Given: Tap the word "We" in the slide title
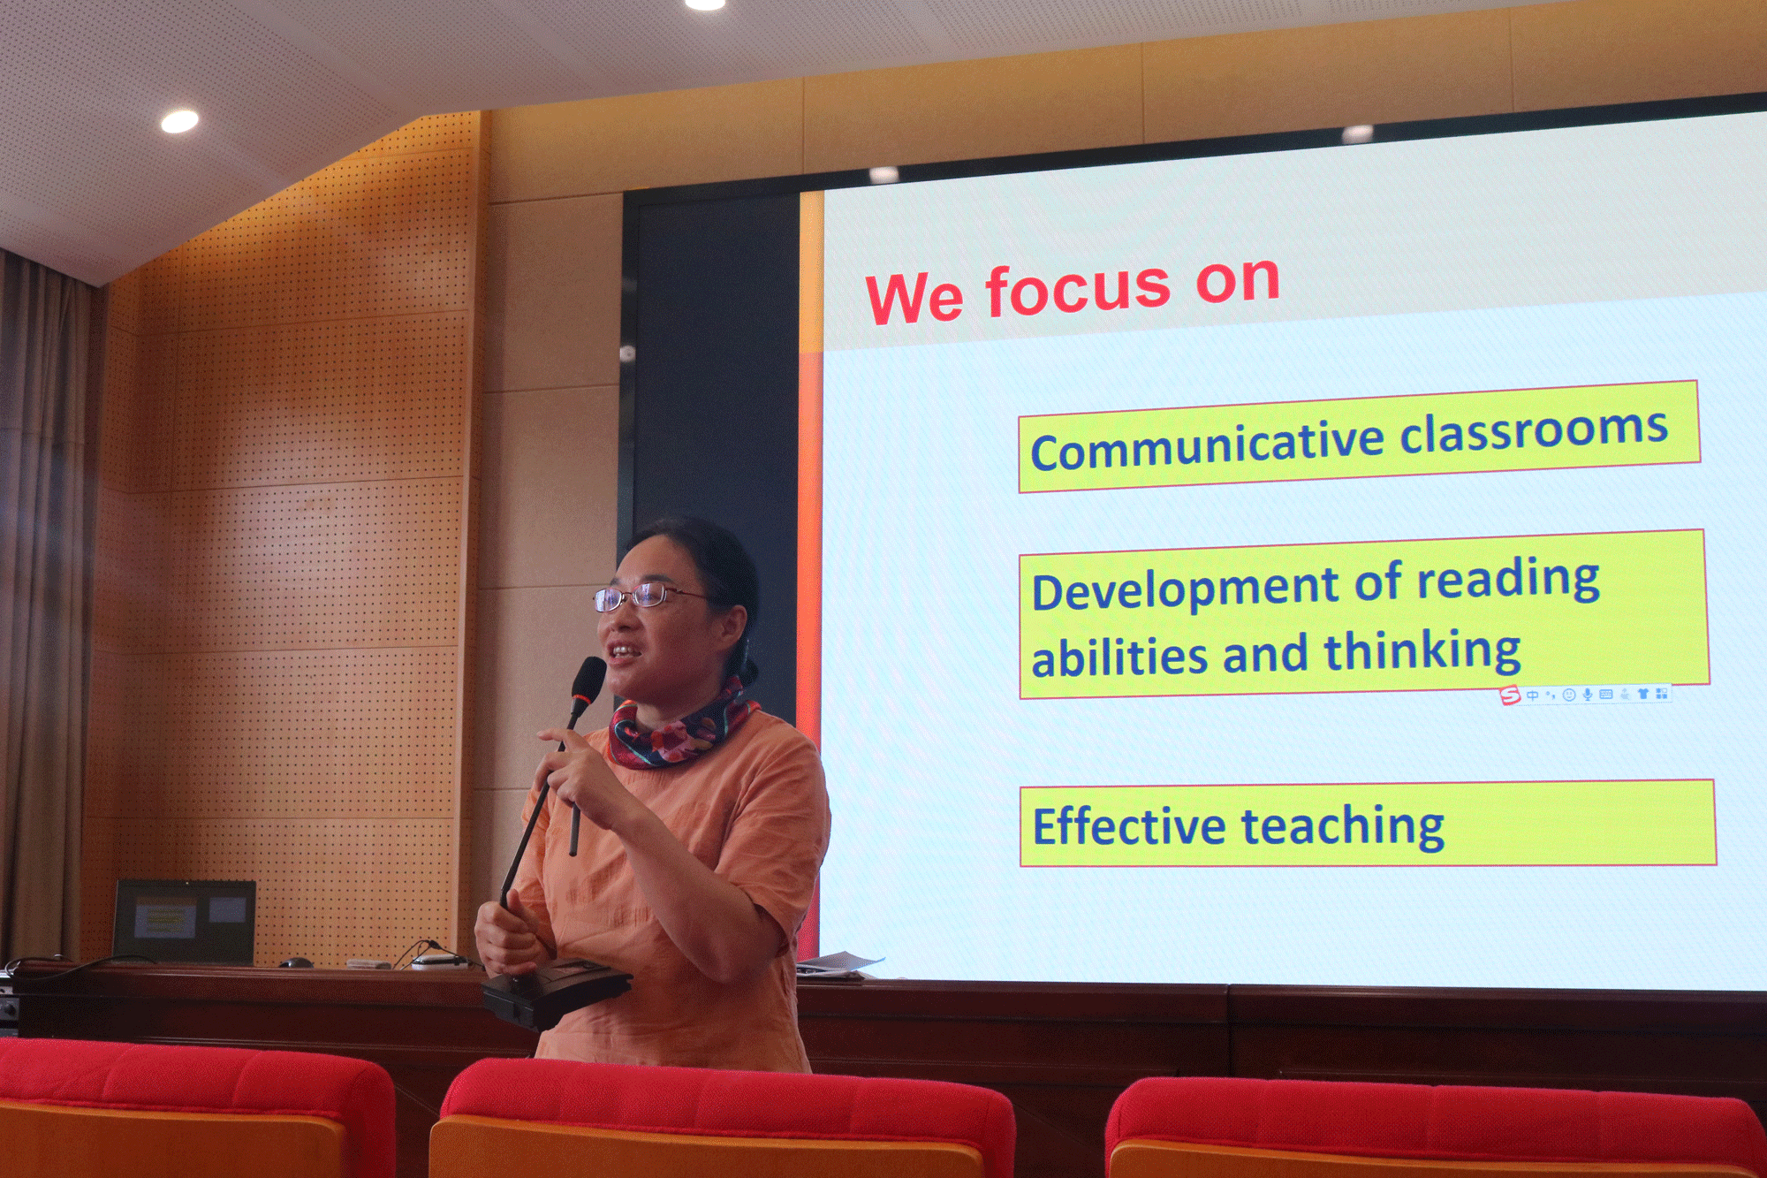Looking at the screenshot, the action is (914, 299).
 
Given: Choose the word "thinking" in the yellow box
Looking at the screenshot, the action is (1422, 652).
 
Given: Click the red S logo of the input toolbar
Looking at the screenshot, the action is (1510, 695).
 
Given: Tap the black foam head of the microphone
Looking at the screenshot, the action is (588, 679).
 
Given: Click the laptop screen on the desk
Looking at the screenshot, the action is (185, 921).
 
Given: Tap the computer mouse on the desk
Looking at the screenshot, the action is (295, 962).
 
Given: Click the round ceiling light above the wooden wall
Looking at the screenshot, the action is (179, 121).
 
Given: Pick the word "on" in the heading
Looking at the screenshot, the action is (1238, 281).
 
